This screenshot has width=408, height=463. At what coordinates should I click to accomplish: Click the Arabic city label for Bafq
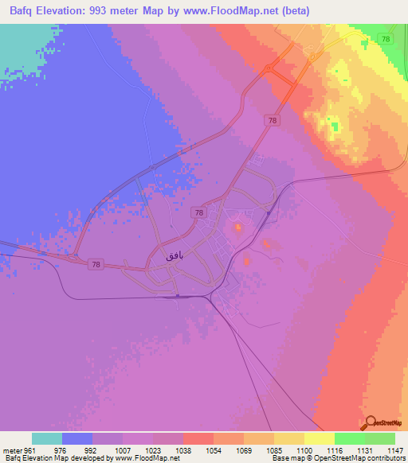pos(173,255)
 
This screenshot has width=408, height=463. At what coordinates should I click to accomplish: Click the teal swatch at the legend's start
pos(47,438)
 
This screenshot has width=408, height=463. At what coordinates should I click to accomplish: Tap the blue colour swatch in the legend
pos(77,438)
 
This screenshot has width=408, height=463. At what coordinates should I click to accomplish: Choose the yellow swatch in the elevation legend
pos(320,438)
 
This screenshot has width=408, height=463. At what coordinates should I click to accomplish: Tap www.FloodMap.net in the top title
pos(222,11)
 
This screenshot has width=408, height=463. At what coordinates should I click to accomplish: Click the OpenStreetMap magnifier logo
pos(369,423)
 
